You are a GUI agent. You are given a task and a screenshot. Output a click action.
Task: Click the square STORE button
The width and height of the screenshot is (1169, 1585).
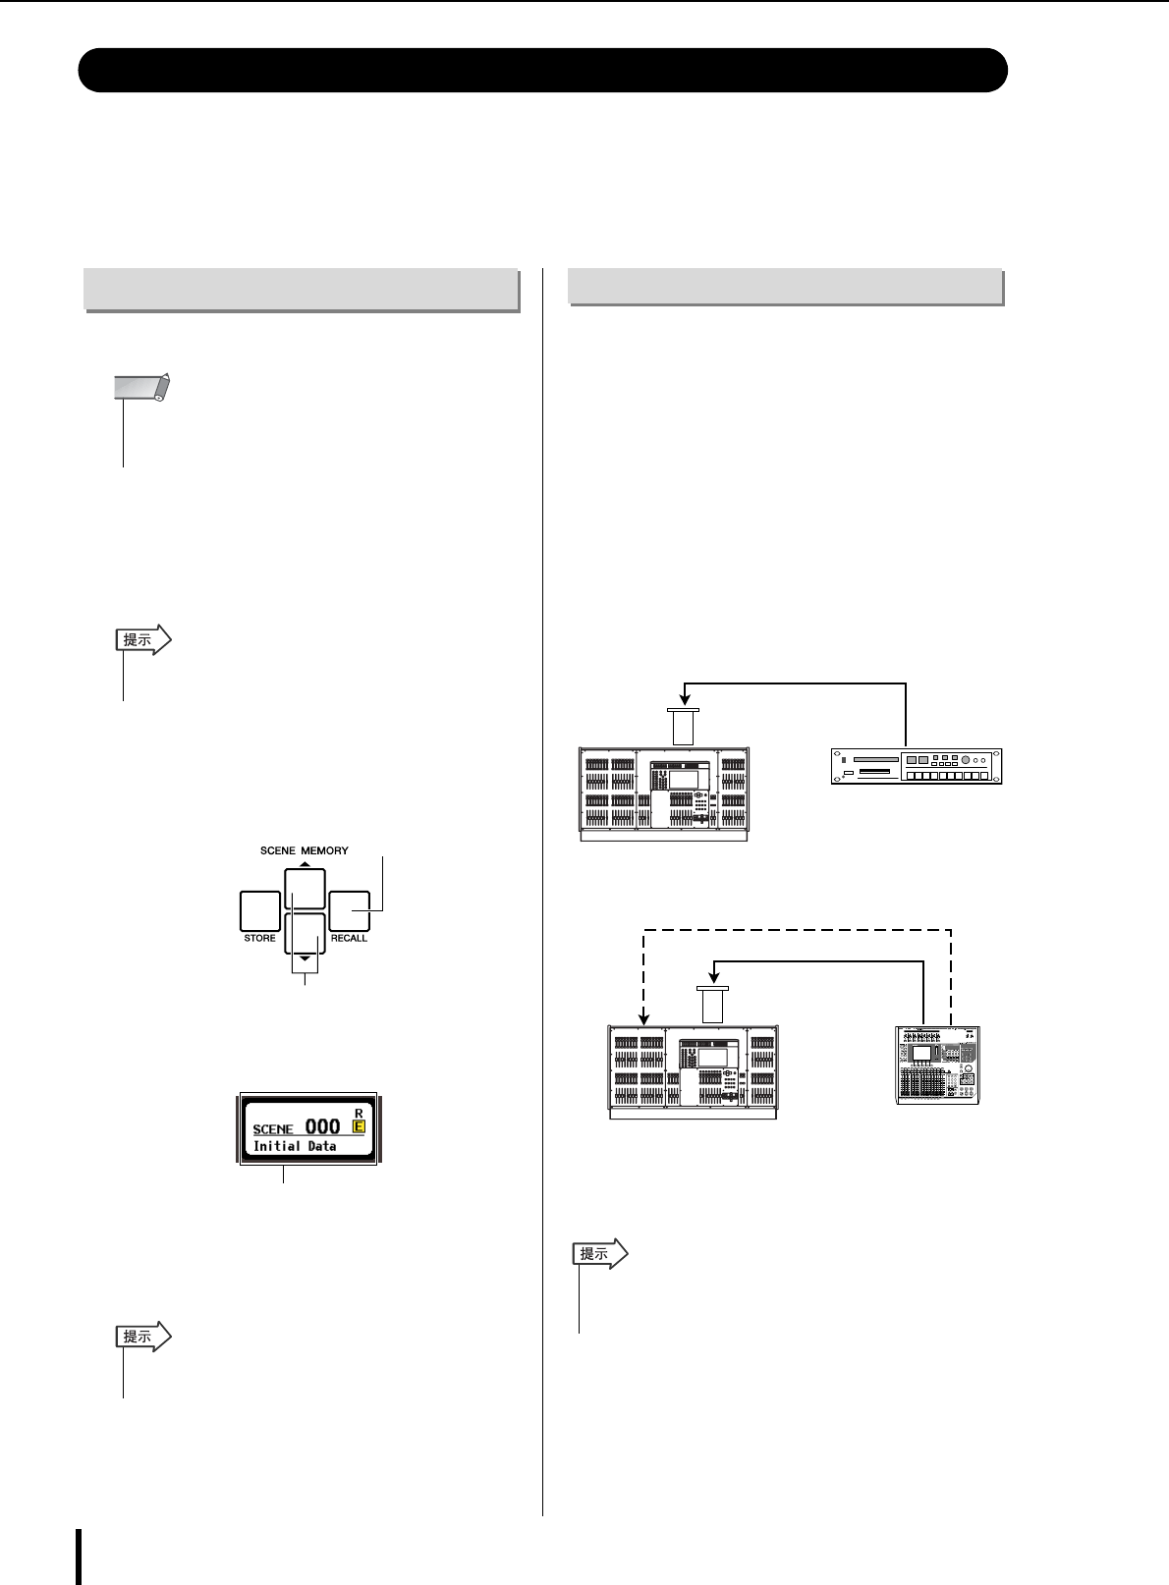[x=259, y=910]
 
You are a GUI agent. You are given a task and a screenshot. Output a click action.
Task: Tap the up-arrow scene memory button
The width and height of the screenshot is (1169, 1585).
[x=305, y=889]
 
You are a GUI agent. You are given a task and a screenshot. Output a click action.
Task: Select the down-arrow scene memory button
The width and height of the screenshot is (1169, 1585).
[x=305, y=933]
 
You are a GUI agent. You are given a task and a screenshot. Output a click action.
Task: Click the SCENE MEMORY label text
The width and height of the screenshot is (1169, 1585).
[x=305, y=850]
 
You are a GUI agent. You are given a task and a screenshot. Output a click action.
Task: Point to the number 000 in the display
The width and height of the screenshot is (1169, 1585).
[x=322, y=1126]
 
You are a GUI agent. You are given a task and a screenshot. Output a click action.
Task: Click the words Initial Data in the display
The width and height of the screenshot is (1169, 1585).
[x=295, y=1146]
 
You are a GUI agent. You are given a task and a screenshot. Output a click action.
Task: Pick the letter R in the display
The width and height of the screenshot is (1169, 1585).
[x=359, y=1112]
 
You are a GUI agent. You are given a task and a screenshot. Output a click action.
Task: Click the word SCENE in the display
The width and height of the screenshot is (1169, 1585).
[x=273, y=1129]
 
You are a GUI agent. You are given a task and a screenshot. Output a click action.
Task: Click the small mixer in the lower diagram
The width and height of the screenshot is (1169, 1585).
[x=940, y=1065]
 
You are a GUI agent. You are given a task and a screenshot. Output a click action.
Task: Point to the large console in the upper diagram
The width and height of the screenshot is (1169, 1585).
[x=664, y=793]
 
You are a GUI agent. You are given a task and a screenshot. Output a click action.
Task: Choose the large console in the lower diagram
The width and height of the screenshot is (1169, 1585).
[x=693, y=1072]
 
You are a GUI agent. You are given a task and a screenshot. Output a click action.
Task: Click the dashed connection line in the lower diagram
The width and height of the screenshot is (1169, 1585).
[x=796, y=929]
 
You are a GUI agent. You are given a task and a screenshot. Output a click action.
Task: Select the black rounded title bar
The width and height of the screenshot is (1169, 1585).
[x=543, y=70]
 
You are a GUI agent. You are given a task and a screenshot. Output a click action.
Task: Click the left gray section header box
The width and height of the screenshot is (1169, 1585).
[x=302, y=290]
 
